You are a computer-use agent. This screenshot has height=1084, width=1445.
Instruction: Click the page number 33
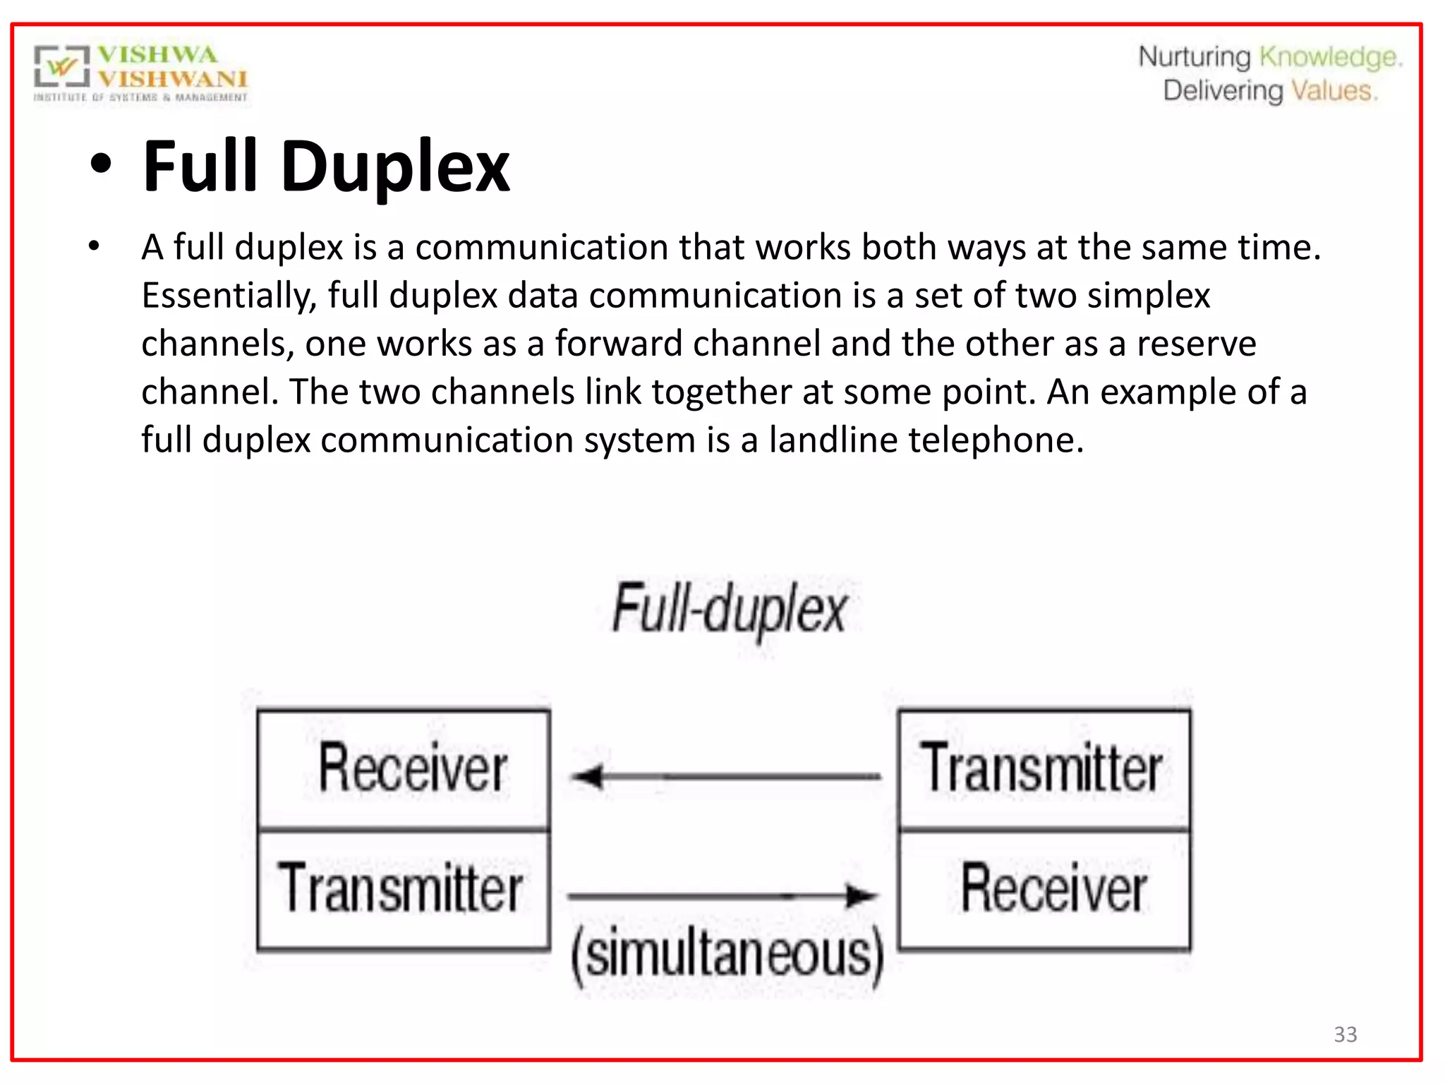click(1345, 1034)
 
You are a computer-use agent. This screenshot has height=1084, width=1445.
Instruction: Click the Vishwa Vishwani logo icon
click(62, 67)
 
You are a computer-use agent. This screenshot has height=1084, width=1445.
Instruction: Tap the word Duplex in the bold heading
click(395, 167)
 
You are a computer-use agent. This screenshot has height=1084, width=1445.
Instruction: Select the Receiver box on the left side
click(404, 769)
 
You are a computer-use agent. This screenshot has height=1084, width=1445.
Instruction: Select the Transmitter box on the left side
click(404, 890)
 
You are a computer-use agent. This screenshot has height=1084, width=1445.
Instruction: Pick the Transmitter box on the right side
click(1044, 769)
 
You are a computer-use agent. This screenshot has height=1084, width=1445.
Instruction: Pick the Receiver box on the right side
click(1045, 890)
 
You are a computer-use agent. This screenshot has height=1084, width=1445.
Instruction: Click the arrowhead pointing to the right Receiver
click(862, 896)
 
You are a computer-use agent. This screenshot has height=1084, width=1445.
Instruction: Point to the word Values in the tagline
click(1333, 91)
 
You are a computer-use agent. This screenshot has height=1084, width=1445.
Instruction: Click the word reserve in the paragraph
click(1196, 344)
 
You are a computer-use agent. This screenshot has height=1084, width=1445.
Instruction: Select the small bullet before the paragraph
click(94, 247)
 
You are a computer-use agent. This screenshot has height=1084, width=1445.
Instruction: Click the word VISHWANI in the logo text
click(173, 78)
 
